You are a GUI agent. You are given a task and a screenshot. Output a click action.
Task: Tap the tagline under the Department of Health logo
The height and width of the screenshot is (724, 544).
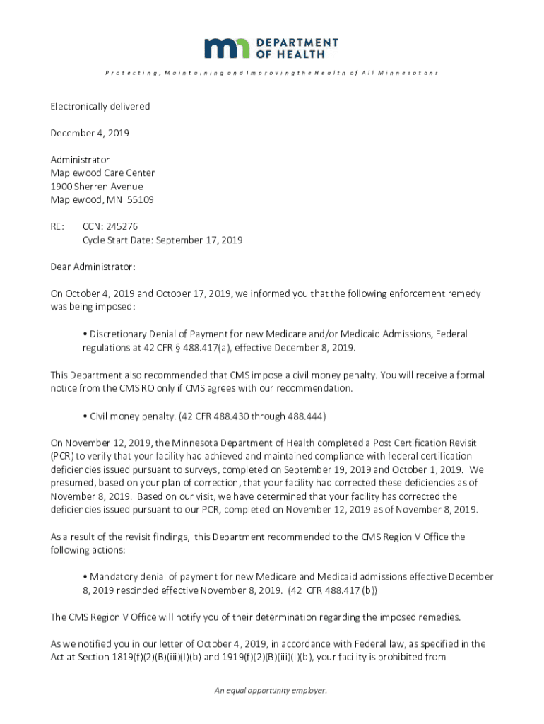pyautogui.click(x=271, y=73)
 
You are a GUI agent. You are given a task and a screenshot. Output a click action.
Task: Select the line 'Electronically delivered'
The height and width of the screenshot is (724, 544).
pyautogui.click(x=100, y=107)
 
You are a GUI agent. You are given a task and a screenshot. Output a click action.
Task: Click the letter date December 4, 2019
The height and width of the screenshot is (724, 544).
pyautogui.click(x=90, y=133)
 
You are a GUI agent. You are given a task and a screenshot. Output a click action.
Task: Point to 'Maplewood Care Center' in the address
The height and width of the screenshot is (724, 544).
pyautogui.click(x=102, y=173)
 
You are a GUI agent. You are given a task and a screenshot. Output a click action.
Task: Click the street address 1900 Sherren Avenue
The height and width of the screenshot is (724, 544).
pyautogui.click(x=97, y=187)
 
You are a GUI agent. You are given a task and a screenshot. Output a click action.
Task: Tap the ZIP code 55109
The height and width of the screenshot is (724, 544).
pyautogui.click(x=140, y=200)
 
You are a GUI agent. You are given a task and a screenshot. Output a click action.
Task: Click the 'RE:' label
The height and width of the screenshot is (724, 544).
pyautogui.click(x=57, y=227)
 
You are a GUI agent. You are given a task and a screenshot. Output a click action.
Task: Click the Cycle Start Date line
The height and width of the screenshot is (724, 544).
pyautogui.click(x=162, y=240)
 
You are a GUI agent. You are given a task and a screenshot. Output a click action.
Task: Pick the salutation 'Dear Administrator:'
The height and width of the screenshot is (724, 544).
pyautogui.click(x=93, y=267)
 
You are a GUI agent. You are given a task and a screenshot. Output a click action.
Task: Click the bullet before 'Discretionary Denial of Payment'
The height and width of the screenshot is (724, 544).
pyautogui.click(x=85, y=334)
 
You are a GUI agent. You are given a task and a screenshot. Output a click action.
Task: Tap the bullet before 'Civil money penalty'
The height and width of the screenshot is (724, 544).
pyautogui.click(x=85, y=415)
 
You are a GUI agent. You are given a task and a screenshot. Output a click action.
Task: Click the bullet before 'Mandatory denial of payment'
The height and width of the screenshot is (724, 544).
pyautogui.click(x=85, y=577)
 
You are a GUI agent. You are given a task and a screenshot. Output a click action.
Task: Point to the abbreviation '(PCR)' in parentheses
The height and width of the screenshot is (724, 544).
pyautogui.click(x=62, y=456)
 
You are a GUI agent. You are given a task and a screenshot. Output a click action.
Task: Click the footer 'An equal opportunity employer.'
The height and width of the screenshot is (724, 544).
pyautogui.click(x=271, y=691)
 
